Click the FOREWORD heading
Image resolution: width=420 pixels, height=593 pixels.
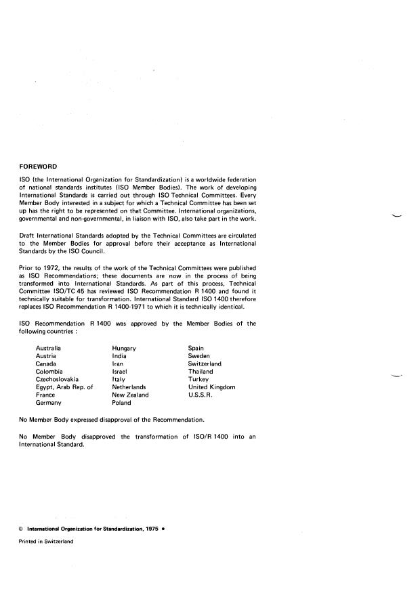coord(38,166)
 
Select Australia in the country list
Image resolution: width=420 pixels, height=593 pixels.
coord(49,348)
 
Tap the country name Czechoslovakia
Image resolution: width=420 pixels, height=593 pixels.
coord(57,379)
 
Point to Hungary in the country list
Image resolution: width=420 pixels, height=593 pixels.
coord(124,348)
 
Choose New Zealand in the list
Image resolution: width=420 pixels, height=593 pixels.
coord(130,395)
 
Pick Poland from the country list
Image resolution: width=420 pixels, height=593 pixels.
coord(122,403)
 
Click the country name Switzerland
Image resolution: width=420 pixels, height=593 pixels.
coord(205,364)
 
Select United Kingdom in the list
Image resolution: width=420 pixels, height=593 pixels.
coord(211,387)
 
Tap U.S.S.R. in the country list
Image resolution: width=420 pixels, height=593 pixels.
coord(201,395)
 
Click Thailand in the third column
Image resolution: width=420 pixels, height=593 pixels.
coord(201,372)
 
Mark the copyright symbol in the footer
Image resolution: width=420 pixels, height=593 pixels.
coord(21,529)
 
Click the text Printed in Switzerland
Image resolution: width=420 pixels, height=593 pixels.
coord(45,542)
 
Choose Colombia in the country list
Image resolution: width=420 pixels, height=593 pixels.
coord(49,372)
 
